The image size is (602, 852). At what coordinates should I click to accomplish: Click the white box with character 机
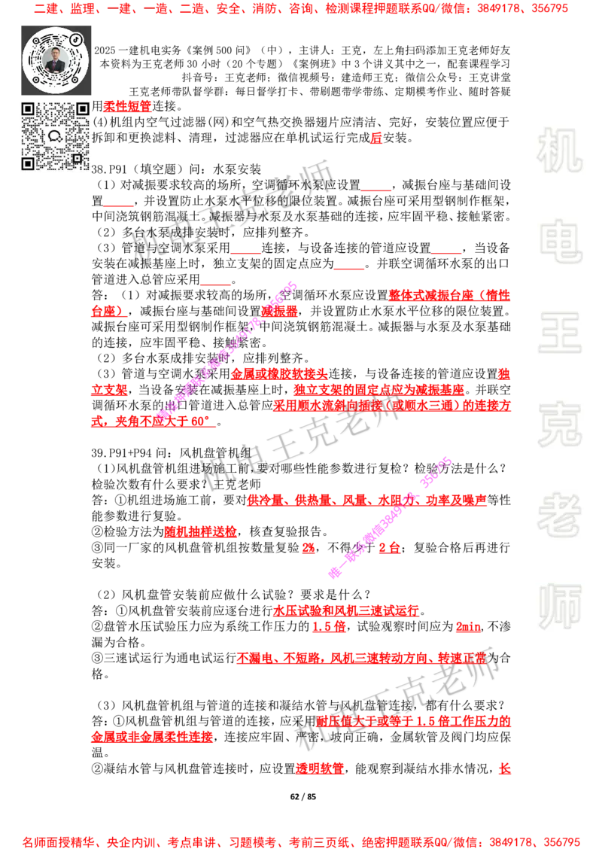559,151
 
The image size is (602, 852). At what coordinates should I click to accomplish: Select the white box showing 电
562,241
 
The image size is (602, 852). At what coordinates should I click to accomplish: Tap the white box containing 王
559,334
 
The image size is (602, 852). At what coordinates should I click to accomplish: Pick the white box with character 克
559,424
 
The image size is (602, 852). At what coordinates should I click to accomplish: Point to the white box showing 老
559,515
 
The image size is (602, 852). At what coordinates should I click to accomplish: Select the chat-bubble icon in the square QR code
55,136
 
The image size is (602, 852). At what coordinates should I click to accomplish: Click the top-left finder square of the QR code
28,109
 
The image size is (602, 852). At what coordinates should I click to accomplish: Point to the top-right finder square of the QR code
82,109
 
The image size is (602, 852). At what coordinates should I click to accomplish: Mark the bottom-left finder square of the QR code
28,163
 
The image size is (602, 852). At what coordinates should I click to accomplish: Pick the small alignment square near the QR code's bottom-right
76,157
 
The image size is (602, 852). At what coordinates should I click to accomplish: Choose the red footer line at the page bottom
301,842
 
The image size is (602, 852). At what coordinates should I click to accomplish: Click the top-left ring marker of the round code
35,40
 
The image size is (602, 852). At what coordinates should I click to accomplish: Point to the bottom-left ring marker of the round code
35,79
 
